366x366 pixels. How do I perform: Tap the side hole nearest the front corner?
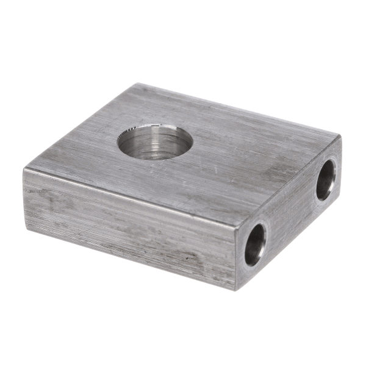pyautogui.click(x=255, y=244)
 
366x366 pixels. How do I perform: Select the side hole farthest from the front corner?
pyautogui.click(x=326, y=179)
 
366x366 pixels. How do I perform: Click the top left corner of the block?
pyautogui.click(x=24, y=168)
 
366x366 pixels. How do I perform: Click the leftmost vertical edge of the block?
pyautogui.click(x=24, y=196)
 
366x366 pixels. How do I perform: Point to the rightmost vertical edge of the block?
pyautogui.click(x=339, y=167)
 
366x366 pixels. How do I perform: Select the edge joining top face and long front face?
pyautogui.click(x=131, y=195)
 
